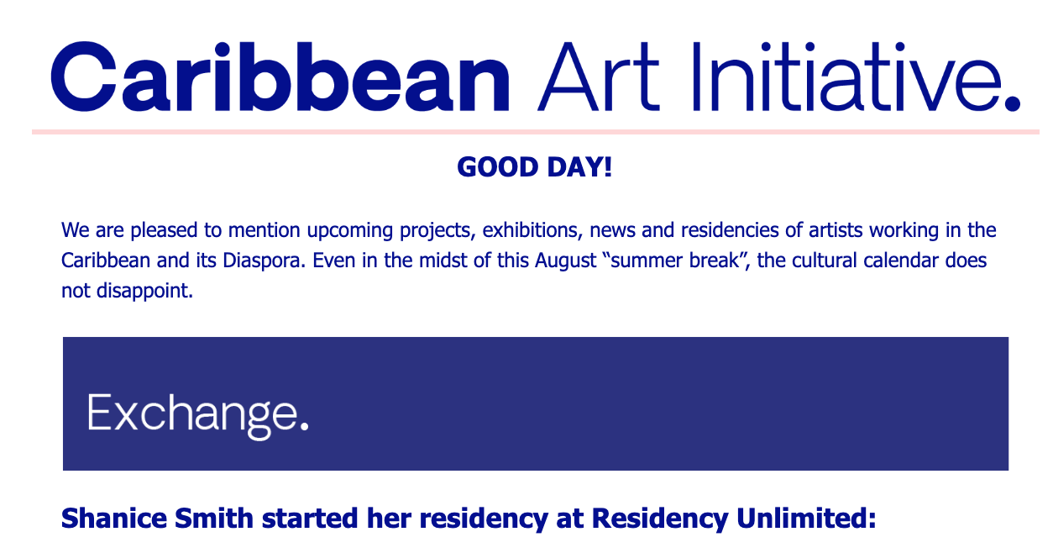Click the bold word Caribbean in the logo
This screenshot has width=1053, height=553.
pyautogui.click(x=280, y=77)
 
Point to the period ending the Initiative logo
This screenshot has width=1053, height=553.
pyautogui.click(x=1012, y=103)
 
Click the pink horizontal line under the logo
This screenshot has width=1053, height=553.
pyautogui.click(x=536, y=132)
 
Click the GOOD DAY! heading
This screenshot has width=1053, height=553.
pyautogui.click(x=535, y=167)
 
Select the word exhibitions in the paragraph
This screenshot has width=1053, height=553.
pyautogui.click(x=532, y=230)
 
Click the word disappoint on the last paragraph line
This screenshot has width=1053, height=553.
pyautogui.click(x=144, y=292)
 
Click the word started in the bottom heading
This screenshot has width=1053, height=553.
pyautogui.click(x=310, y=519)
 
